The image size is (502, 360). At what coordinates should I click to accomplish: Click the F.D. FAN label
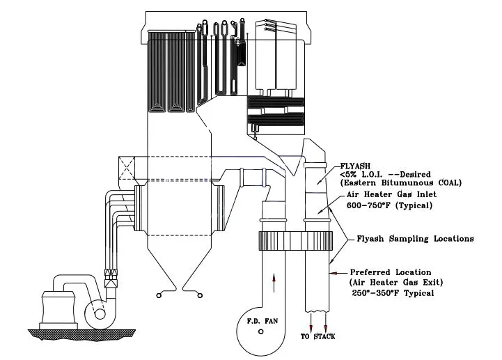262,320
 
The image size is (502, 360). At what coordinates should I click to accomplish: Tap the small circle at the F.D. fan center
260,332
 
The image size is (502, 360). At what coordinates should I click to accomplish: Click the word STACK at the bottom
324,336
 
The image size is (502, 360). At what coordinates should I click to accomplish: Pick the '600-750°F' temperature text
368,205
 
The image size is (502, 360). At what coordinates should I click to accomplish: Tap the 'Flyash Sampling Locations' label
415,239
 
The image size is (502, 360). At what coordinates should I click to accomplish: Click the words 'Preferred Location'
391,272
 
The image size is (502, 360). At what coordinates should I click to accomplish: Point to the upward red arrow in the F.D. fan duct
274,283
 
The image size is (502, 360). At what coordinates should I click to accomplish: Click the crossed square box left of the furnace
127,168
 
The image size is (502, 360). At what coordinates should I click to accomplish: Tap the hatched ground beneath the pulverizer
81,335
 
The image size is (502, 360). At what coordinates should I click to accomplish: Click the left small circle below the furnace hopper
159,295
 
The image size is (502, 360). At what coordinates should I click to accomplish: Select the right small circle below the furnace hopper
200,295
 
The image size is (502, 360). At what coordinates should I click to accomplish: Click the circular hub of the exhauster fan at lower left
100,314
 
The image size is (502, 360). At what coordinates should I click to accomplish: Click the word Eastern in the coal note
359,183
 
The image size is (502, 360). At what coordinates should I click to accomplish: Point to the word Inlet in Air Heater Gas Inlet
426,194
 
